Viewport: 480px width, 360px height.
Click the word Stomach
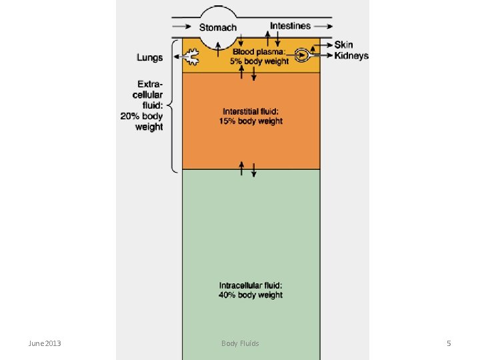218,27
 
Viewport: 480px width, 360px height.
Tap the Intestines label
290,26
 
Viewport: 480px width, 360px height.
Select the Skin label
343,45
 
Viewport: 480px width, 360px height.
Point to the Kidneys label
351,56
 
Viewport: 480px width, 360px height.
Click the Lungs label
150,57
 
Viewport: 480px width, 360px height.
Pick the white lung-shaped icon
191,57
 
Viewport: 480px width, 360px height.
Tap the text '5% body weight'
259,61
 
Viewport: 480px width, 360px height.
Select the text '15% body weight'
251,121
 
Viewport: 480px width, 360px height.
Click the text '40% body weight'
251,295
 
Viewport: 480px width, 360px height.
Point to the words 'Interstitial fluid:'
251,111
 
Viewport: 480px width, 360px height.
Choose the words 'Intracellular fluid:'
251,285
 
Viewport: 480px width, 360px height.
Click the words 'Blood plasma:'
259,52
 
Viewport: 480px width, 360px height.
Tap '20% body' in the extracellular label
141,116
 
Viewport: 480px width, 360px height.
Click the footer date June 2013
45,343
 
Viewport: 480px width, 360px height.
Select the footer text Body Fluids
240,343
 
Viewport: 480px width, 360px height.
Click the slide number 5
449,343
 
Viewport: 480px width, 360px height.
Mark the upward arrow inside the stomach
218,49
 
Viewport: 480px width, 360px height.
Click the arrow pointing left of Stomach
182,27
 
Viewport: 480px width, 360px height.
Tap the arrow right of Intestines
323,26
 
